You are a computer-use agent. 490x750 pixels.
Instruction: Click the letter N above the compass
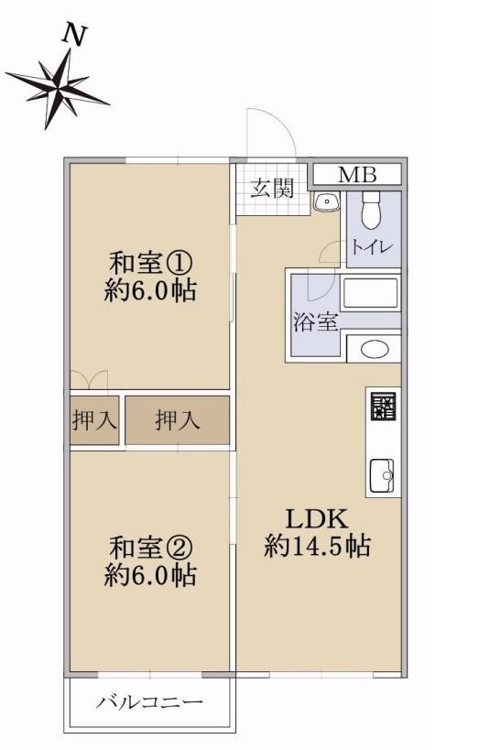pyautogui.click(x=75, y=36)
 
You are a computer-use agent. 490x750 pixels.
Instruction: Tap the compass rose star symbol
pyautogui.click(x=58, y=89)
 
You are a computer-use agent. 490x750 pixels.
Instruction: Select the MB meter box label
pyautogui.click(x=357, y=175)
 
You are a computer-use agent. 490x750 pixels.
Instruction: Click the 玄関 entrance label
pyautogui.click(x=272, y=188)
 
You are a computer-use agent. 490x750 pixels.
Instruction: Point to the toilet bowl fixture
pyautogui.click(x=370, y=211)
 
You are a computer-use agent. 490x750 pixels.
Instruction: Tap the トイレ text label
pyautogui.click(x=372, y=247)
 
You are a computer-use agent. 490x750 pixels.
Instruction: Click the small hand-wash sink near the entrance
pyautogui.click(x=327, y=201)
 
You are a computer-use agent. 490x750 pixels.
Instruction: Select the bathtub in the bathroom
pyautogui.click(x=370, y=294)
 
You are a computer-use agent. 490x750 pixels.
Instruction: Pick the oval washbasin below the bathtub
pyautogui.click(x=375, y=349)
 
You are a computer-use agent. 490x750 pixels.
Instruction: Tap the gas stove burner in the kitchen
pyautogui.click(x=383, y=407)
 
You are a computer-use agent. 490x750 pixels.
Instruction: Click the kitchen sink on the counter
pyautogui.click(x=382, y=475)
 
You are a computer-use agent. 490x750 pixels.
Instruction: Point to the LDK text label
pyautogui.click(x=316, y=518)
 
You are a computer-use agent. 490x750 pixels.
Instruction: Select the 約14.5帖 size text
pyautogui.click(x=317, y=546)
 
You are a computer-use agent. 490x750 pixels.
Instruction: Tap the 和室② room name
pyautogui.click(x=151, y=548)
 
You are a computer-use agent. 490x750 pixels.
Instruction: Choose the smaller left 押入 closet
pyautogui.click(x=94, y=420)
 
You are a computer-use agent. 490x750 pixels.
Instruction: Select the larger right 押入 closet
pyautogui.click(x=177, y=420)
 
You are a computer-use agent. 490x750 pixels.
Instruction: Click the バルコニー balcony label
pyautogui.click(x=150, y=702)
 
